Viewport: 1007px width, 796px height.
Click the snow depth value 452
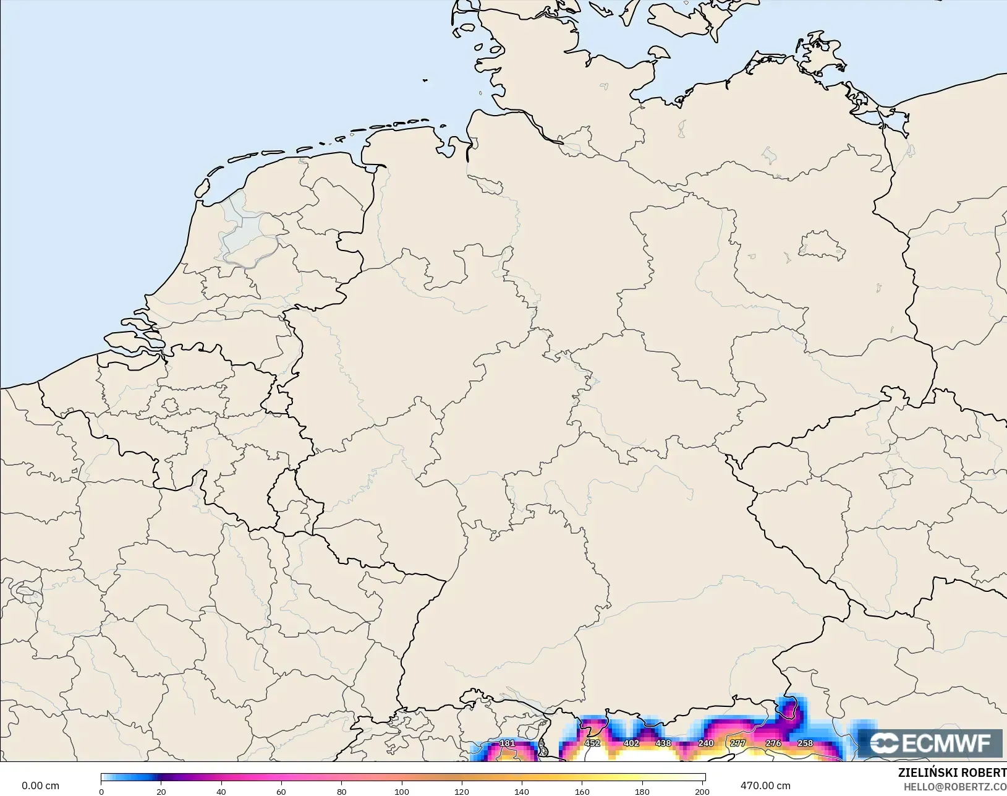click(x=592, y=743)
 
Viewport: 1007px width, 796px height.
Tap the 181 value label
click(x=507, y=743)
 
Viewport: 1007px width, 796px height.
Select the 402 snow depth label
click(x=631, y=743)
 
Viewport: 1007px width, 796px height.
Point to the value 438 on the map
click(x=663, y=743)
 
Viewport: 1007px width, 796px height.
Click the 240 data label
click(x=706, y=743)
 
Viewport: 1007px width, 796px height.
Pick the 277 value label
click(x=737, y=743)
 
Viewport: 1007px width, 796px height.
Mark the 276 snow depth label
click(x=773, y=743)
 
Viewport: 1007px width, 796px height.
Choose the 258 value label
click(x=805, y=743)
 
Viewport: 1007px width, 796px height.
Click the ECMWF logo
click(x=930, y=743)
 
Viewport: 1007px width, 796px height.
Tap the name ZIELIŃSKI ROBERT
click(x=952, y=772)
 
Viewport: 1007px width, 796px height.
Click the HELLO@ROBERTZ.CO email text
click(x=955, y=787)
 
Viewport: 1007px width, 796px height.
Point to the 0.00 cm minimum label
click(x=40, y=785)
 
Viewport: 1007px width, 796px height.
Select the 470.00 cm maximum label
click(x=765, y=785)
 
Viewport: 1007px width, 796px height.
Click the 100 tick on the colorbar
click(x=402, y=792)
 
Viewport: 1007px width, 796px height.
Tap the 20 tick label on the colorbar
click(x=161, y=792)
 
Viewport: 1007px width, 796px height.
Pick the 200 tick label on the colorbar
click(x=702, y=792)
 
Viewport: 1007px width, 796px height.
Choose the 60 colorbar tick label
click(x=281, y=792)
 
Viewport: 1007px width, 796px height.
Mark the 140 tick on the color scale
click(x=522, y=792)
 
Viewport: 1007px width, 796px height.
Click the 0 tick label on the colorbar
click(x=101, y=792)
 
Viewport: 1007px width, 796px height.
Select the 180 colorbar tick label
click(x=642, y=792)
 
